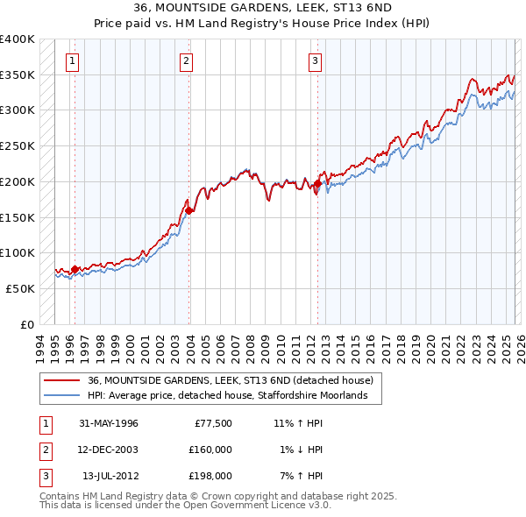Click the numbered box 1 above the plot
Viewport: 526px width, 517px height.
pyautogui.click(x=72, y=61)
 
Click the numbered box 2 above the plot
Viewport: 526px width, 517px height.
pyautogui.click(x=187, y=61)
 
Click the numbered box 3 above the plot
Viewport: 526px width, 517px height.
pyautogui.click(x=315, y=61)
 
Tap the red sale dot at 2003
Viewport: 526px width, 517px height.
pyautogui.click(x=189, y=210)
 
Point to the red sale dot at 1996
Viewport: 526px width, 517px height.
pyautogui.click(x=75, y=269)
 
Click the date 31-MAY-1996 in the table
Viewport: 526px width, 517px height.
pyautogui.click(x=109, y=423)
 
